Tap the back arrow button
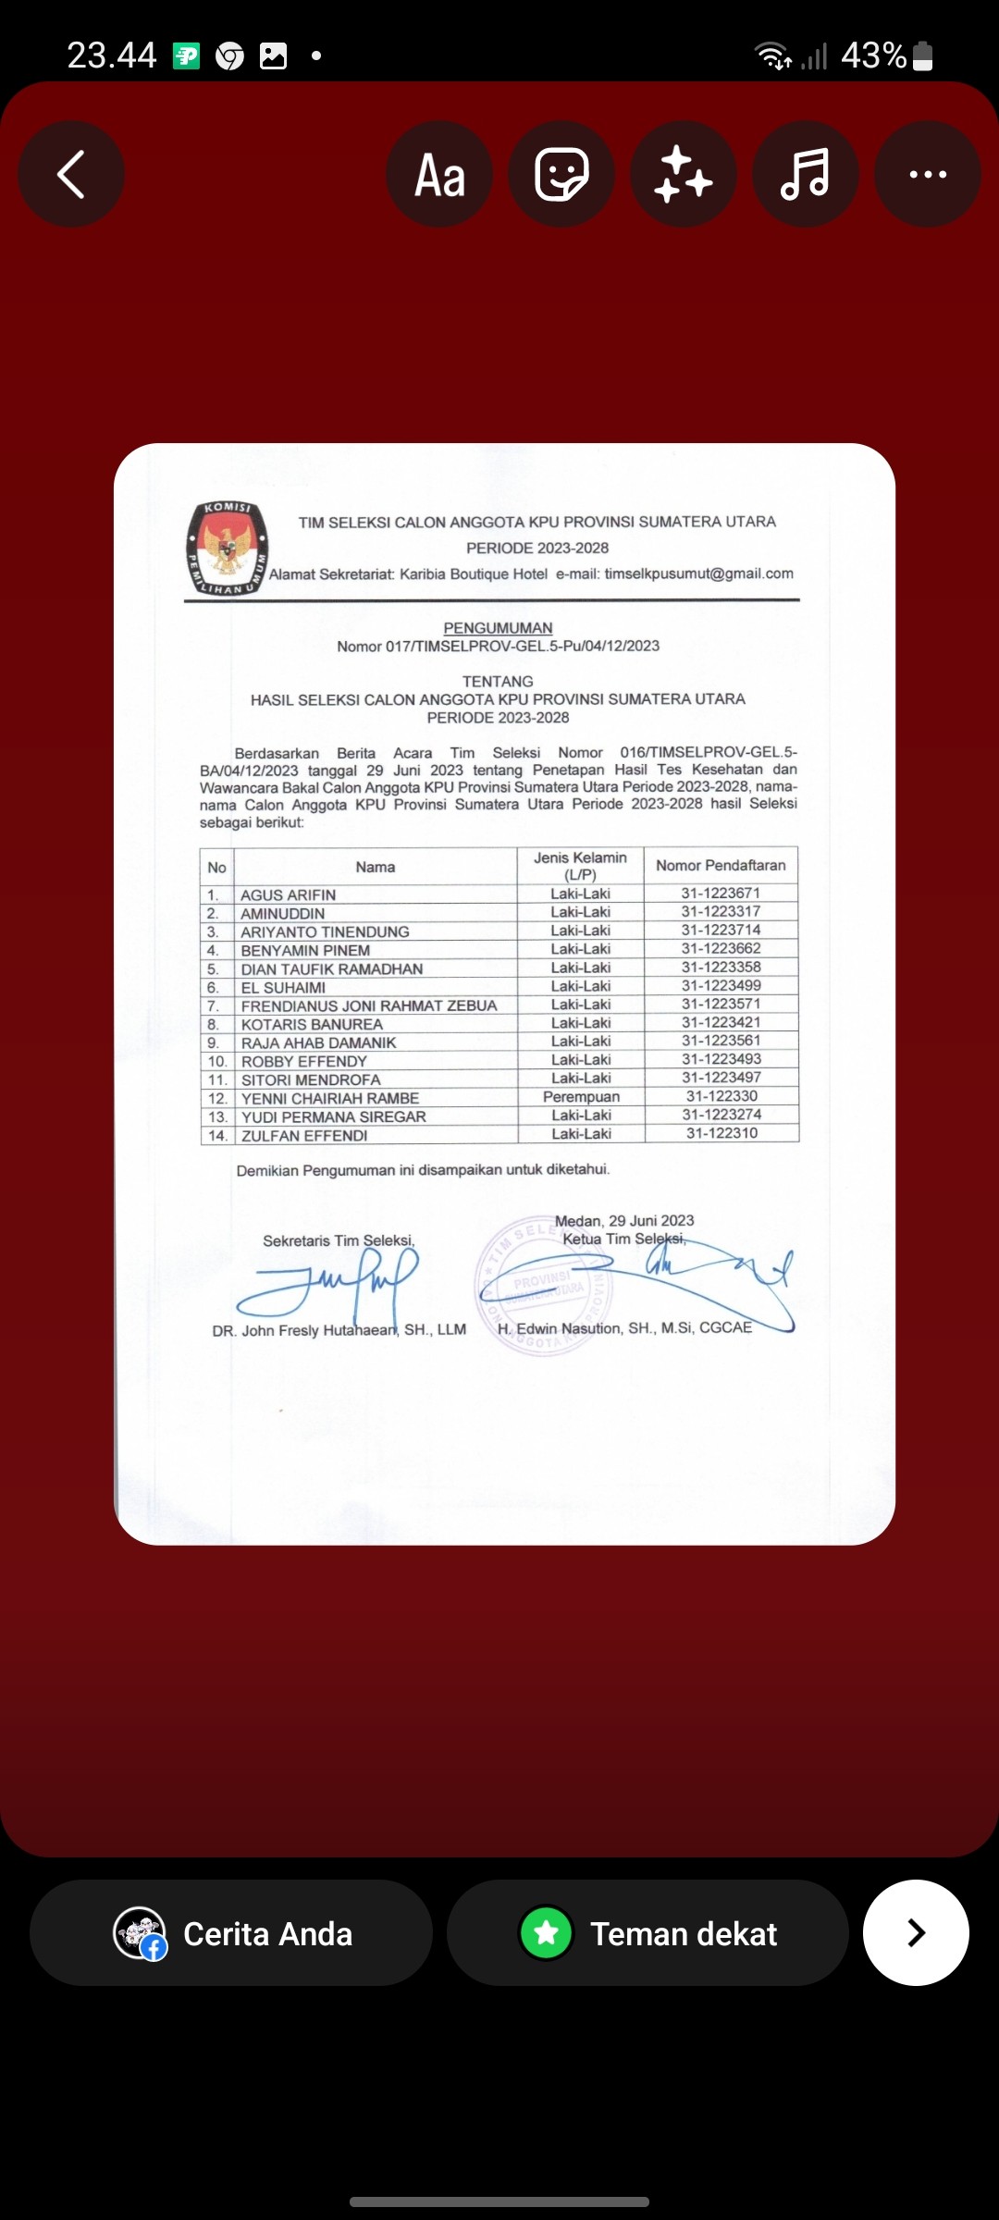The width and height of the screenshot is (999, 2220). point(71,175)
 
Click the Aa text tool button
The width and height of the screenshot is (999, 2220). point(439,175)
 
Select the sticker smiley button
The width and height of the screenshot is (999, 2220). point(561,175)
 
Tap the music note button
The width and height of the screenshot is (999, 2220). point(805,175)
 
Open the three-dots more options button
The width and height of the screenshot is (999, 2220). point(927,175)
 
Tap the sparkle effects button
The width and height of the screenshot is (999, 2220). point(684,175)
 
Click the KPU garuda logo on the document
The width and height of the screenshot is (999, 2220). point(227,549)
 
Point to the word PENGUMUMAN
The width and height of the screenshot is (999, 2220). point(498,628)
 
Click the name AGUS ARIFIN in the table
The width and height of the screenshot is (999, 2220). point(288,895)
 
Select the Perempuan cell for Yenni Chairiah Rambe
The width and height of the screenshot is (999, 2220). point(581,1097)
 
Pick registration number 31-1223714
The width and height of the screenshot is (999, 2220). point(721,931)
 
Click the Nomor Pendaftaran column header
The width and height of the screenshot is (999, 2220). point(721,866)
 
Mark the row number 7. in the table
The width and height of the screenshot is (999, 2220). point(214,1005)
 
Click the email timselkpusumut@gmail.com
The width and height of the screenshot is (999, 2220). point(698,573)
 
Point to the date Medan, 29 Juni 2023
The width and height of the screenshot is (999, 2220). point(624,1221)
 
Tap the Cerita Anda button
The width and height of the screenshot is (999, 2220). point(231,1933)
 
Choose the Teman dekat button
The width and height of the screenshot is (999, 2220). point(647,1933)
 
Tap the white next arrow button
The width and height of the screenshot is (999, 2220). point(916,1933)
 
